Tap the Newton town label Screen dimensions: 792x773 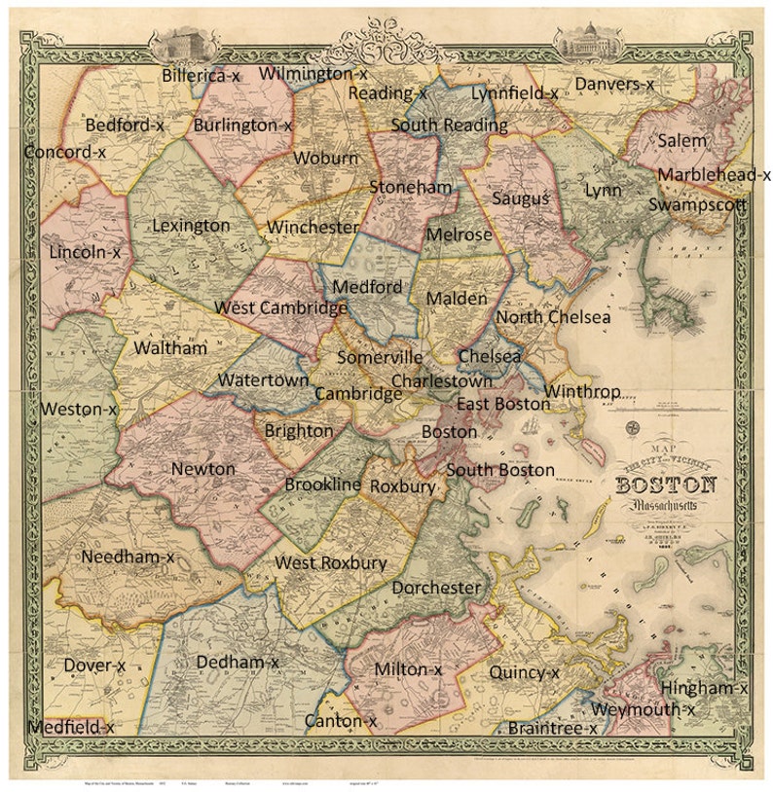point(203,469)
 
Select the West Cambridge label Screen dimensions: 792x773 point(281,308)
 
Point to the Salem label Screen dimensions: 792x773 point(682,141)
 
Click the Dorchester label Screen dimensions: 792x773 point(436,588)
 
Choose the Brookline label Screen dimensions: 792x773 point(323,485)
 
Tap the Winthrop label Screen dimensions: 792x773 point(582,392)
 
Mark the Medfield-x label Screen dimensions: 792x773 point(71,727)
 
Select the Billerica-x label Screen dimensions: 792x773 point(201,75)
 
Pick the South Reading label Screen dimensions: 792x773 point(449,126)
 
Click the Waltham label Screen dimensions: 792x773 point(170,347)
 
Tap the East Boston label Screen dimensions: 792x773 point(503,404)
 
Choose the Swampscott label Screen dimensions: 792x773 point(697,205)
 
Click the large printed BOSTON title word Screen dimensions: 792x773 point(666,486)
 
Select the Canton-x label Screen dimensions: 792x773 point(341,721)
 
